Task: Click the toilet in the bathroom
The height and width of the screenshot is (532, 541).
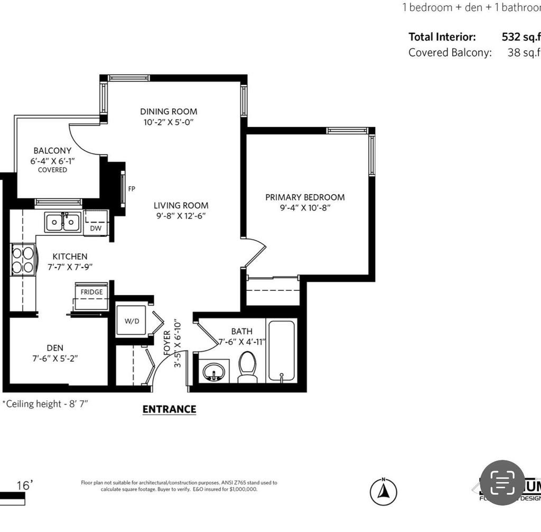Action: point(248,366)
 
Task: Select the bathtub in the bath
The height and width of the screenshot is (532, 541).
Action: point(282,351)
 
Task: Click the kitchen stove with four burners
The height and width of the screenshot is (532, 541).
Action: point(23,260)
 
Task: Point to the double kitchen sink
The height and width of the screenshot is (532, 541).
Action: point(63,222)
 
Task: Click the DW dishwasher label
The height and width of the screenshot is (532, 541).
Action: point(96,228)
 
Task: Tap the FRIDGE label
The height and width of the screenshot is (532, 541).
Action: point(91,292)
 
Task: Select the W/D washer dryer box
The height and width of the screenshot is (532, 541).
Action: point(131,320)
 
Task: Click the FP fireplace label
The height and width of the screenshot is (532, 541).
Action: point(132,189)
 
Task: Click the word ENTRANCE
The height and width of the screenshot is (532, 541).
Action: point(169,409)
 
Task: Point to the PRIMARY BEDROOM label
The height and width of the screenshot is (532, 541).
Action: point(305,197)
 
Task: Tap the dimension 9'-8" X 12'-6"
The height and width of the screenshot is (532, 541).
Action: point(181,216)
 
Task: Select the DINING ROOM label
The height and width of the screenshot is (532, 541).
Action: point(169,112)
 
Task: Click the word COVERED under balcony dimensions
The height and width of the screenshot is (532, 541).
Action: point(52,170)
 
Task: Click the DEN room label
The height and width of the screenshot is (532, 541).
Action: point(55,347)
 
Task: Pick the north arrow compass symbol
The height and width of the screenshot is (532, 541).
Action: point(384,491)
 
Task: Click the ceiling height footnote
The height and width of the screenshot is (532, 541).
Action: point(45,404)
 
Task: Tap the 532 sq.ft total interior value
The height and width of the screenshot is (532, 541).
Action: point(521,37)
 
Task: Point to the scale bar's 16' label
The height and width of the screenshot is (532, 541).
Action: point(24,485)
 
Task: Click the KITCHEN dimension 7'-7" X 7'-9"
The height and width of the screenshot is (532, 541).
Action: point(70,267)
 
